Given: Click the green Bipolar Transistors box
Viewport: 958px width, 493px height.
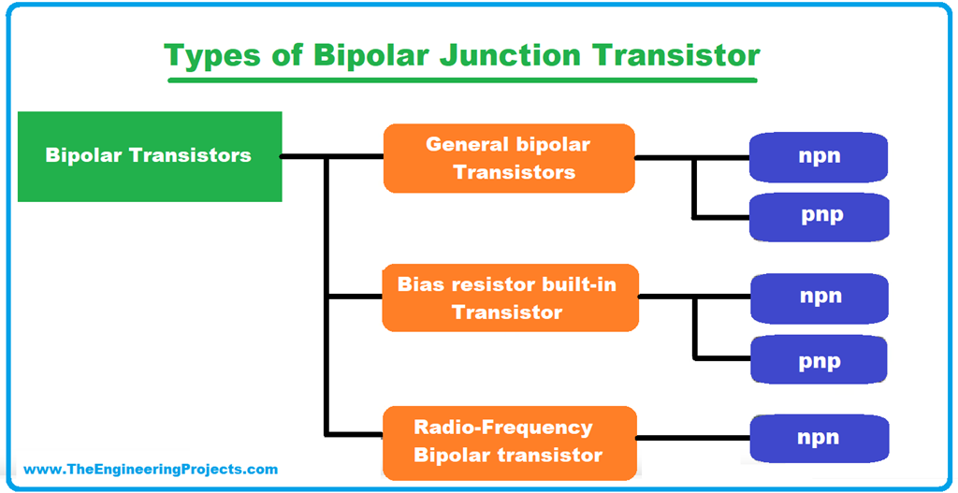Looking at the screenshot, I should pos(150,156).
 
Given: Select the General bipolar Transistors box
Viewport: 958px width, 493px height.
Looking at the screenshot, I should pos(509,158).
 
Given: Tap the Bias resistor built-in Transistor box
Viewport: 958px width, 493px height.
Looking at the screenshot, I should pos(510,297).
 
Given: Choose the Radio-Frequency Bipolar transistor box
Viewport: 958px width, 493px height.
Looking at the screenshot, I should pos(509,441).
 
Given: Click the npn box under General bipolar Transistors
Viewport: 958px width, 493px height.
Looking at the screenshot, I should pos(819,156).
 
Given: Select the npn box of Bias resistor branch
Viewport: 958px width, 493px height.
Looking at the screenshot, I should pos(820,297).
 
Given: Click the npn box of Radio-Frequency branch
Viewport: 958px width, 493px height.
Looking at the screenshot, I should pos(819,438).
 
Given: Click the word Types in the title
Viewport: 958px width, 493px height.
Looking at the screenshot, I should pos(209,55).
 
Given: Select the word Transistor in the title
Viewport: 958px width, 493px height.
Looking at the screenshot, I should pos(678,55).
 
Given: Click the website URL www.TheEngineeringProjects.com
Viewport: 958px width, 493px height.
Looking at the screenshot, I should pos(151,470).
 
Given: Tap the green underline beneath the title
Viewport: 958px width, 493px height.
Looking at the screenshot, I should pos(462,80).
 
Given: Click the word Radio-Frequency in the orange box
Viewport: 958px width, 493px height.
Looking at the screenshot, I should pos(503,428).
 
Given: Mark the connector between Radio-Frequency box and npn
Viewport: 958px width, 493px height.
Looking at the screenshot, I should pos(693,438).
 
